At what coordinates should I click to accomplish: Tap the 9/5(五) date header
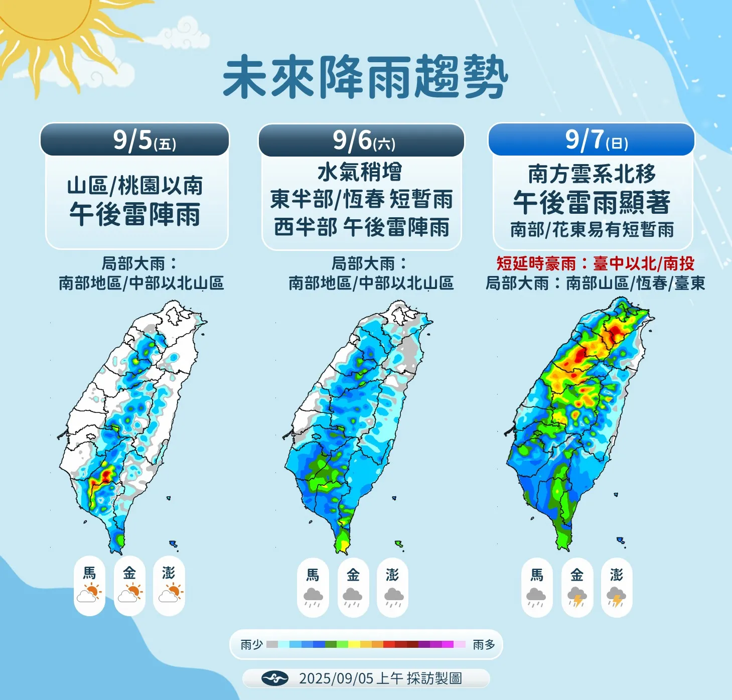144,140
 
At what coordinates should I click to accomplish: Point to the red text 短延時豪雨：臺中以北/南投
595,263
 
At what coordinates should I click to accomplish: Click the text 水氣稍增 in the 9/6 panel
360,172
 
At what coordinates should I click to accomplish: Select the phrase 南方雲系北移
592,174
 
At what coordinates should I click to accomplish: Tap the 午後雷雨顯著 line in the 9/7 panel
592,202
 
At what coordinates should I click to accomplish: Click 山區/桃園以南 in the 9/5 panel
135,186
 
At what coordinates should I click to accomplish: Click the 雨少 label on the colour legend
251,644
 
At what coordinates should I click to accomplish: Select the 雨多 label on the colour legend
484,644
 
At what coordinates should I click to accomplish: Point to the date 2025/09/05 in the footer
336,678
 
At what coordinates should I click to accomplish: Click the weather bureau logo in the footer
274,678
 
